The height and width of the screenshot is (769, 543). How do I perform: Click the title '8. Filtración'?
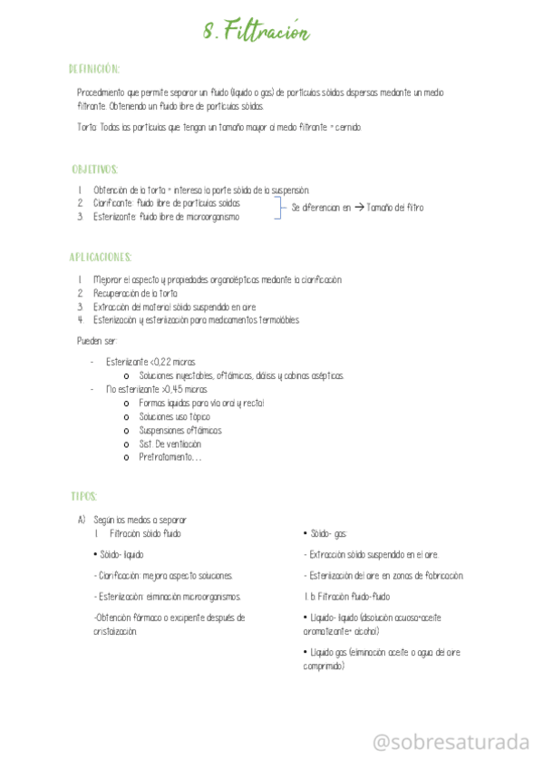click(x=256, y=32)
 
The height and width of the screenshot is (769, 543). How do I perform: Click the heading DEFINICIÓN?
click(x=94, y=69)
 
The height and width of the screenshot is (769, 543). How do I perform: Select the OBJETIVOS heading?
click(x=95, y=170)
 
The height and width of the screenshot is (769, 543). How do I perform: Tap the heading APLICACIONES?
click(x=101, y=258)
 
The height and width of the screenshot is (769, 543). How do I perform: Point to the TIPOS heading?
click(x=83, y=496)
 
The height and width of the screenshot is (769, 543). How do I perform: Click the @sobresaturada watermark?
click(x=451, y=743)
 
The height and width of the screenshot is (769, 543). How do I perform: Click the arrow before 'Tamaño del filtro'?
click(x=360, y=208)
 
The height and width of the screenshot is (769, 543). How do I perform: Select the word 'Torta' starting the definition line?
click(x=87, y=128)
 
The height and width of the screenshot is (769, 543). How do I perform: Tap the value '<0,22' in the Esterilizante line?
click(x=160, y=362)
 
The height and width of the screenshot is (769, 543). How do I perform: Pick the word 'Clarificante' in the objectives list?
click(x=113, y=203)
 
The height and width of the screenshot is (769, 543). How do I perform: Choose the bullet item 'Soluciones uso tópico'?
click(x=174, y=416)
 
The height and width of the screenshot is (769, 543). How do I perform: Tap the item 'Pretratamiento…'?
click(x=170, y=458)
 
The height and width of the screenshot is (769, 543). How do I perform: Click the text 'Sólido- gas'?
click(x=328, y=534)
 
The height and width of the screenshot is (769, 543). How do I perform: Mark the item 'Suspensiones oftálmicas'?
click(x=179, y=431)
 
